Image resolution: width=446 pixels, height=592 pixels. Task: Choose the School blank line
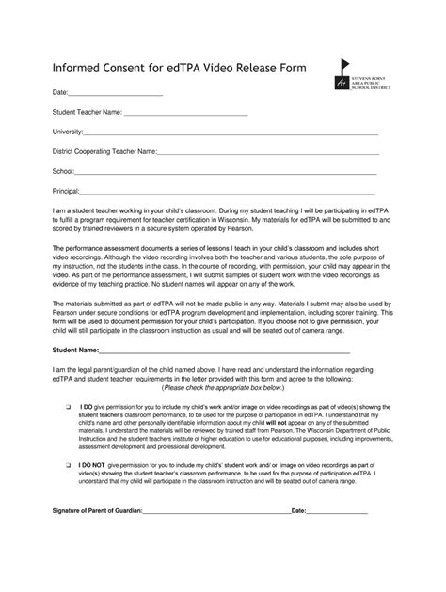pyautogui.click(x=226, y=173)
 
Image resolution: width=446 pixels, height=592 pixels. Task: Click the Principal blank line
pyautogui.click(x=230, y=192)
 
